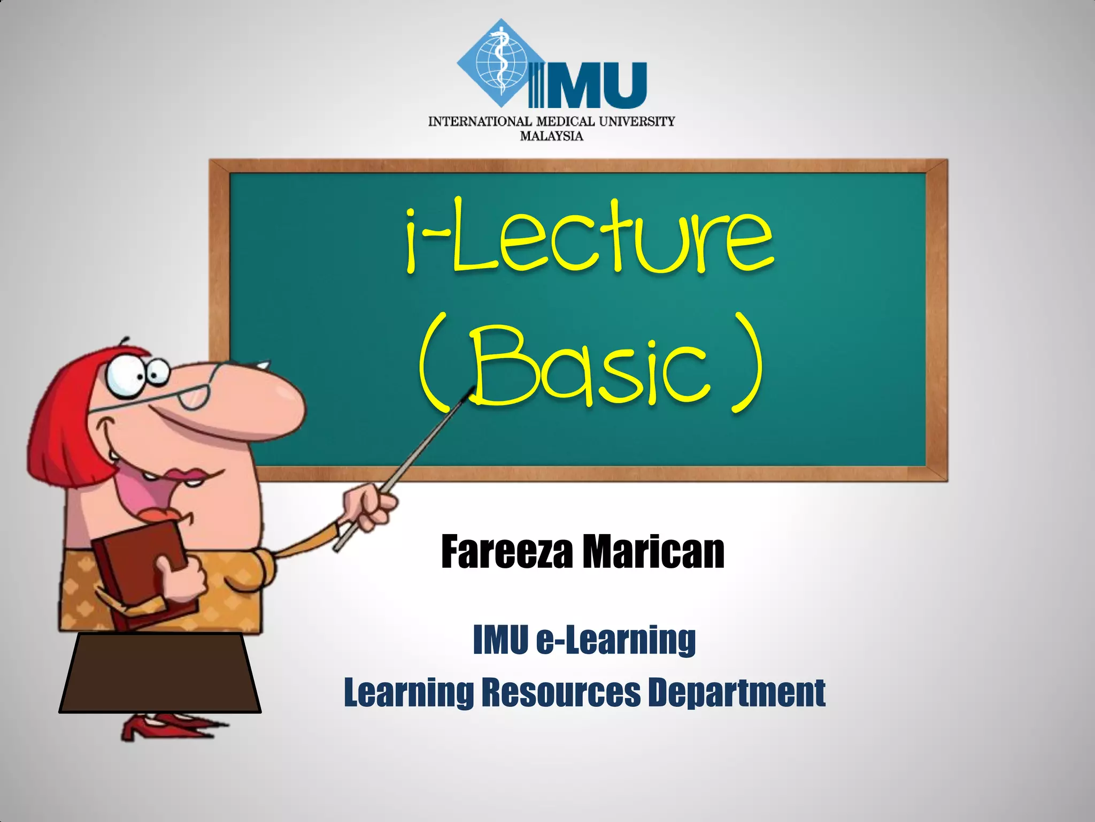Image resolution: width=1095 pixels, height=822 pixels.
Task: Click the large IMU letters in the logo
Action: [x=588, y=86]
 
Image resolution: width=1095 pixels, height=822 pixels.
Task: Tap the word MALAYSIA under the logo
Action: [x=551, y=136]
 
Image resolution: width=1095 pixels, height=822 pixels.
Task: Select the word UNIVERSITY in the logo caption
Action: [x=637, y=121]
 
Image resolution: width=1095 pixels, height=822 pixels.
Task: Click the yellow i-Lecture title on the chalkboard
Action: [x=588, y=235]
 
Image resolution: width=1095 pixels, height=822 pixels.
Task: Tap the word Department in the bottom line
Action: [x=737, y=693]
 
